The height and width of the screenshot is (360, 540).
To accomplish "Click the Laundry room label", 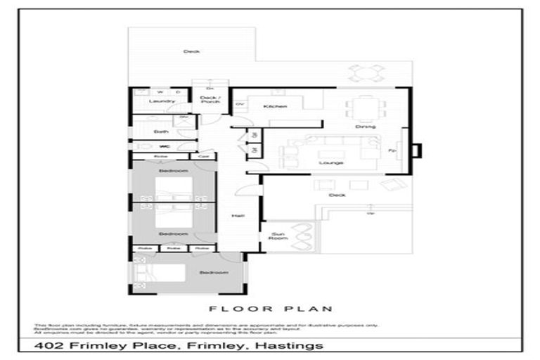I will pos(162,101).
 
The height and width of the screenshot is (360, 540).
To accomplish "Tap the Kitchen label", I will pos(275,106).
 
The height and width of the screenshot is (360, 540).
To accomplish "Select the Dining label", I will pos(365,127).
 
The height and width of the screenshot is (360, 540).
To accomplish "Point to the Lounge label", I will pos(330,162).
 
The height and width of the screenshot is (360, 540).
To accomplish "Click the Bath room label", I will pos(162,131).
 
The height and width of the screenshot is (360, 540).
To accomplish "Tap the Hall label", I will pos(238,216).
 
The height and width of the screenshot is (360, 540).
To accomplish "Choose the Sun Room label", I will pos(278,236).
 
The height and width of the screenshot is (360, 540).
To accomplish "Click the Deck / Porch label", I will pos(210,100).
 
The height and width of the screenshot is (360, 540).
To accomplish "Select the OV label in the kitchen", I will pos(239,105).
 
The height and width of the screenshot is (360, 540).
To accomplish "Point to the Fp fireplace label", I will pos(392,151).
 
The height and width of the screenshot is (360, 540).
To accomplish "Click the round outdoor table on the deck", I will pos(367,72).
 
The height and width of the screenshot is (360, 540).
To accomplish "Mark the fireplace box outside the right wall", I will pos(416,150).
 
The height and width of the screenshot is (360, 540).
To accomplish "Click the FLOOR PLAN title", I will pos(271,309).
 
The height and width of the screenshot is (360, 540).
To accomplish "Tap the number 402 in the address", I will pos(49,345).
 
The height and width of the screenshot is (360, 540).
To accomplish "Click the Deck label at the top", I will pos(191,51).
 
